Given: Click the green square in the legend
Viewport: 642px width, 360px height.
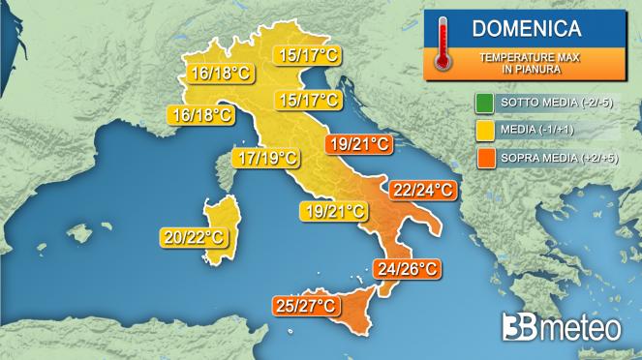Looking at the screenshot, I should (482, 102).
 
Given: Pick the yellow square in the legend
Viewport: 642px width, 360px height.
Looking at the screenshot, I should (482, 128).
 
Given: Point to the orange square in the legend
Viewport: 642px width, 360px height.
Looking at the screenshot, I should (482, 154).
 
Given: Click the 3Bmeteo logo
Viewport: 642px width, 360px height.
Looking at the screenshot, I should (561, 327).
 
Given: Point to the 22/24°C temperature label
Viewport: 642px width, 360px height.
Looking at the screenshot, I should (421, 189).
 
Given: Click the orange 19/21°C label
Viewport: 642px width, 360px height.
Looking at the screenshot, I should (358, 145).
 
